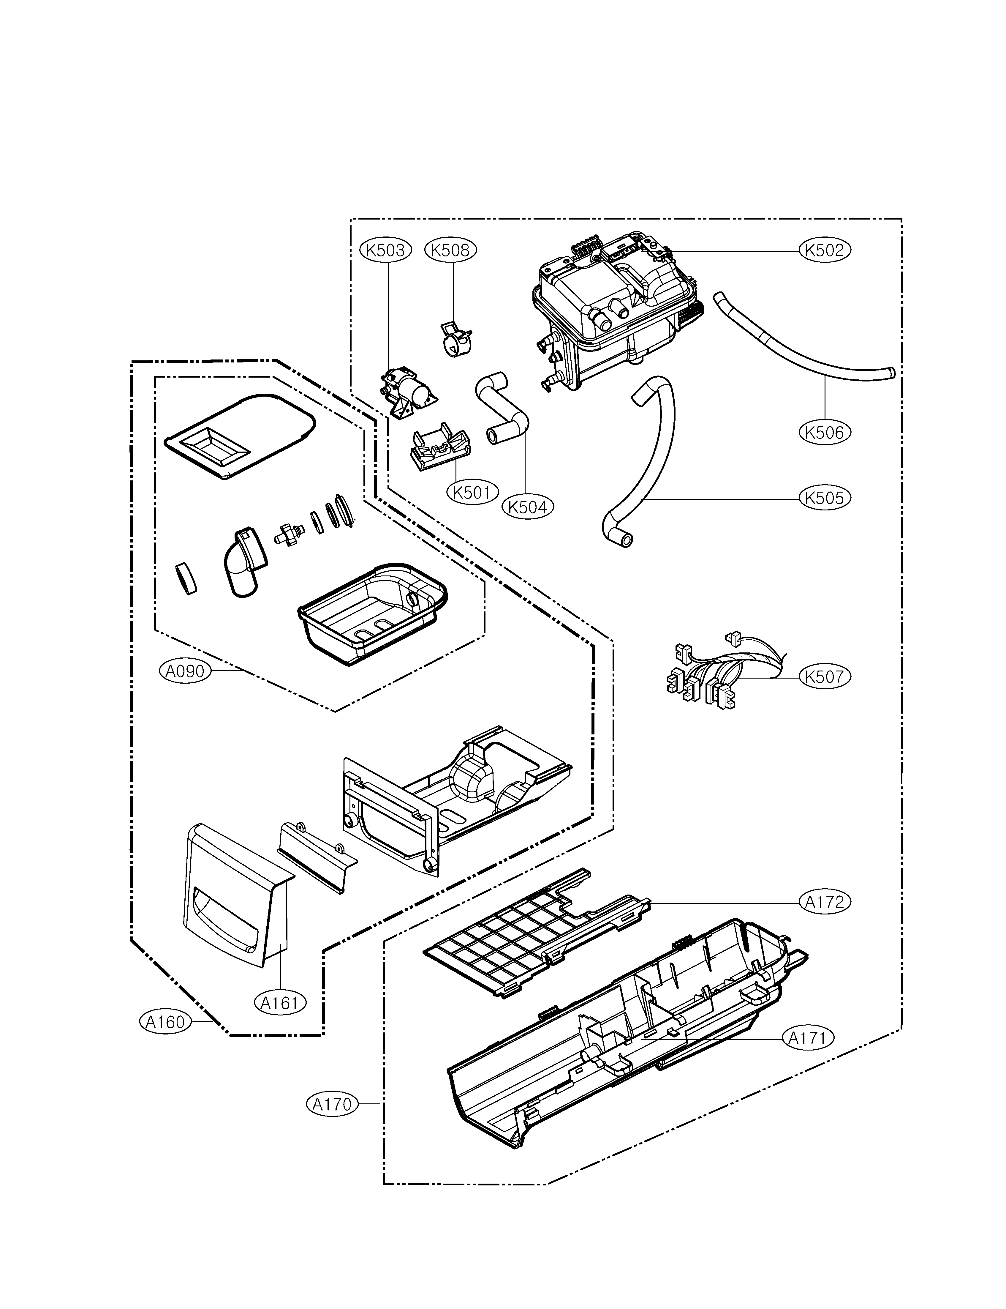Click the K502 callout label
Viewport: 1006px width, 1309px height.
click(825, 250)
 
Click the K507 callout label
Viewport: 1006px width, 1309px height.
click(825, 677)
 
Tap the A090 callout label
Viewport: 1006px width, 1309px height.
click(185, 671)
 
